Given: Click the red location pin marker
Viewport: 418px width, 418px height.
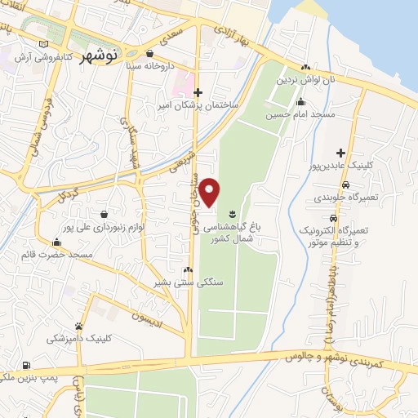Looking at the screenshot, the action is [210, 192].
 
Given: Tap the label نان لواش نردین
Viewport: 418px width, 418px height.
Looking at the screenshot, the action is [305, 81].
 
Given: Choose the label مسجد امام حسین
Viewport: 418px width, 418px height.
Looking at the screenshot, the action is [300, 116].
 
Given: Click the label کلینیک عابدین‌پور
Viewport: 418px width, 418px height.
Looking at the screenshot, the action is [356, 165].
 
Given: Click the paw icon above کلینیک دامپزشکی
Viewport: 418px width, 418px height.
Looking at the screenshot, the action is [79, 326].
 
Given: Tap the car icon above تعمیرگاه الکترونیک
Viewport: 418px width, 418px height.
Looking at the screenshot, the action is [332, 220].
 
